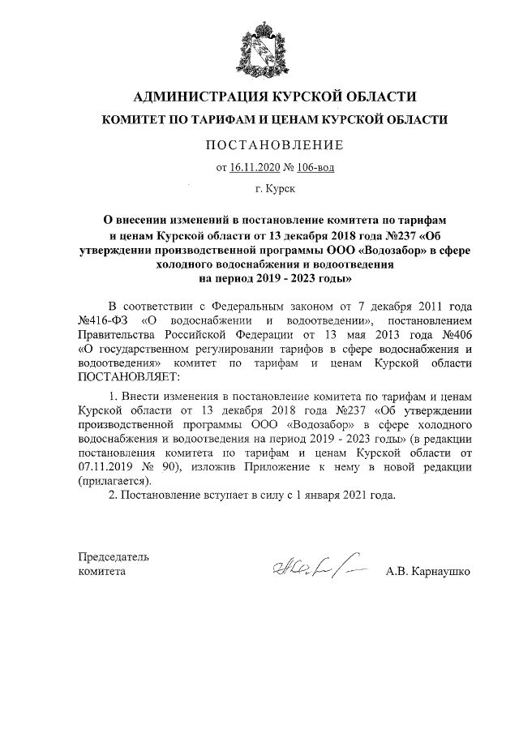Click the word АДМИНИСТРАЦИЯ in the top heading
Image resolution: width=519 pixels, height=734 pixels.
(x=193, y=97)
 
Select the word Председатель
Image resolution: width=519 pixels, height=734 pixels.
(x=113, y=557)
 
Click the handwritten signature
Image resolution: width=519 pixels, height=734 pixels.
(x=312, y=569)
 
